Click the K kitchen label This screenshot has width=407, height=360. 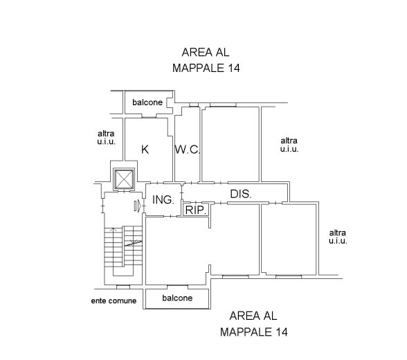[x=145, y=150]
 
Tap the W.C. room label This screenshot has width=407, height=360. [x=188, y=150]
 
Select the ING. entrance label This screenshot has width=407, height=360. [x=163, y=200]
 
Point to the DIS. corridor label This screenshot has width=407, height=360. [x=241, y=194]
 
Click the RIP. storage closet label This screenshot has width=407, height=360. [x=197, y=210]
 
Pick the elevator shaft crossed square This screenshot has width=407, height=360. [x=124, y=179]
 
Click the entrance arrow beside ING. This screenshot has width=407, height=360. [x=138, y=206]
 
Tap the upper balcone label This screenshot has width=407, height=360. [x=147, y=102]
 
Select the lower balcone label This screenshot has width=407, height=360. [x=177, y=298]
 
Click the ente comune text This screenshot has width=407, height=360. [x=114, y=301]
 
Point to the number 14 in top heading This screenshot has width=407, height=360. [x=234, y=69]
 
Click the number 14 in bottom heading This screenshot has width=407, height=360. [x=282, y=332]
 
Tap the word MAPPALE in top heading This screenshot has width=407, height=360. [x=198, y=69]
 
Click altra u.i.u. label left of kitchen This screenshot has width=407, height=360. [x=106, y=138]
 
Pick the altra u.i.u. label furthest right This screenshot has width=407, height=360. [x=338, y=237]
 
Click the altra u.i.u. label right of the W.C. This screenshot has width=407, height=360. [x=289, y=145]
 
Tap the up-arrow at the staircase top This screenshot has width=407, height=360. [x=113, y=229]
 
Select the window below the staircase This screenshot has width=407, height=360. [x=123, y=287]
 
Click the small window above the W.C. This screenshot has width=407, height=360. [x=194, y=105]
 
